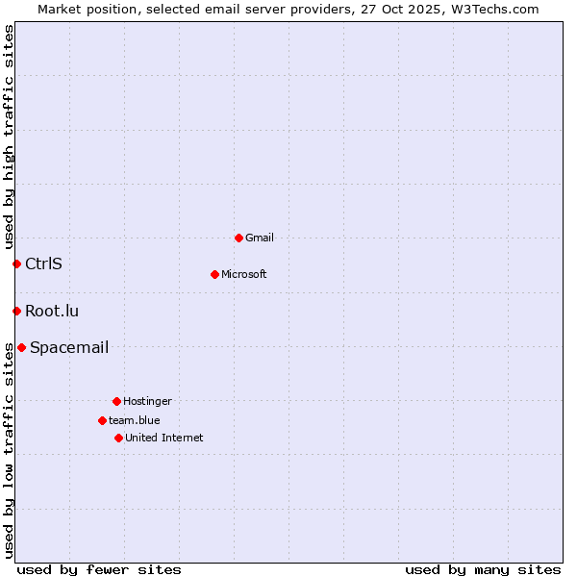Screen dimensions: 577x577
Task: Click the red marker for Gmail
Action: (x=238, y=238)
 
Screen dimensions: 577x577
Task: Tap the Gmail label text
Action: (x=260, y=238)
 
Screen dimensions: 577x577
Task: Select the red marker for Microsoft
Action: (x=214, y=274)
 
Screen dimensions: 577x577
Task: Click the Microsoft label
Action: (x=244, y=275)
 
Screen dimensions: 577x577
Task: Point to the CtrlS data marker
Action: (x=16, y=263)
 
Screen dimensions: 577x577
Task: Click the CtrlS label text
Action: (x=43, y=264)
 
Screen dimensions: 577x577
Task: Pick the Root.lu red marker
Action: (x=16, y=311)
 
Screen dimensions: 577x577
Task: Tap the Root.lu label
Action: (x=52, y=312)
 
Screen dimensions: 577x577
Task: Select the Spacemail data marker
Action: (x=21, y=347)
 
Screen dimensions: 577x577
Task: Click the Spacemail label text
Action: (x=69, y=348)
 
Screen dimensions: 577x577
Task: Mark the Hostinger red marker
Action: (x=116, y=401)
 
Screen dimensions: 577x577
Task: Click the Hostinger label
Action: (x=147, y=402)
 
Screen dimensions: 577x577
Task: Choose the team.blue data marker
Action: (x=102, y=420)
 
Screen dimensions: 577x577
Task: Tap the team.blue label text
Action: (x=135, y=421)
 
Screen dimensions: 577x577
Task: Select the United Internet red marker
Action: (x=118, y=438)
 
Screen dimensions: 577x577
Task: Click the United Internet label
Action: (x=164, y=439)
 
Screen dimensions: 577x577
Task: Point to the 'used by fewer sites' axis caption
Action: (x=99, y=569)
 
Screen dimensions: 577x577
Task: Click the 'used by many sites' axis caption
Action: (x=483, y=569)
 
